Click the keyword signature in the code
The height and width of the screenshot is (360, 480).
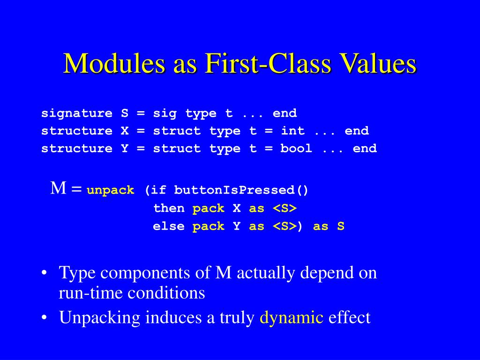[77, 113]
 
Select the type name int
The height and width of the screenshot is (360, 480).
[292, 131]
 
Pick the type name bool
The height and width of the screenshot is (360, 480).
[296, 149]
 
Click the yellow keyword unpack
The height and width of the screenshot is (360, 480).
[111, 190]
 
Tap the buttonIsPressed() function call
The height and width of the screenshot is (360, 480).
[241, 190]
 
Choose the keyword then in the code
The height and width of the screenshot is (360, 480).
[169, 208]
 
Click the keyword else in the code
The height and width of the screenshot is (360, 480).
[169, 226]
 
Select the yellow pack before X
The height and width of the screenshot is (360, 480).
[209, 208]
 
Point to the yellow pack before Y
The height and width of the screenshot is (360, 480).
[209, 226]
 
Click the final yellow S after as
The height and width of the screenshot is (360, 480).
[341, 226]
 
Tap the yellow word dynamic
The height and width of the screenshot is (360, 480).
[292, 317]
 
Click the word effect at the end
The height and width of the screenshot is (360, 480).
[349, 317]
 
